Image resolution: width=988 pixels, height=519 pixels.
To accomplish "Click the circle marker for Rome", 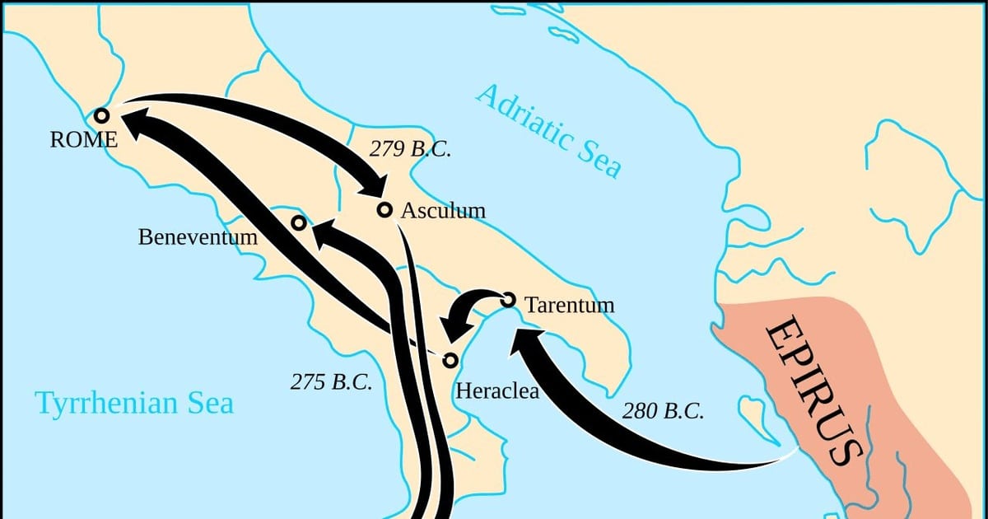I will (x=102, y=116).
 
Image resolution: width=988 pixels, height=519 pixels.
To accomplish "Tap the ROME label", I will (x=83, y=140).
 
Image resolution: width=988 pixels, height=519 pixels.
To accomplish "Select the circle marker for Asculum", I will (x=384, y=209).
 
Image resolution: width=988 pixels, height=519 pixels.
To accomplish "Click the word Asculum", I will (x=443, y=211).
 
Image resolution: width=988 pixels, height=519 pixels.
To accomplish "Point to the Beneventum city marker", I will (x=299, y=223).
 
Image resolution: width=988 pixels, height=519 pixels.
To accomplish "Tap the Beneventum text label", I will (x=198, y=238).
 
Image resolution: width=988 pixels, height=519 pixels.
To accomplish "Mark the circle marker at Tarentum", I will (x=508, y=300).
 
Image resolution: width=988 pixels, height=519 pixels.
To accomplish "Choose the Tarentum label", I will (x=570, y=305).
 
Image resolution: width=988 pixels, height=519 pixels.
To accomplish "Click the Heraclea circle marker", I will (x=450, y=360).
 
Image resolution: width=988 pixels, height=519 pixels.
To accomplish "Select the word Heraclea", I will (x=497, y=390).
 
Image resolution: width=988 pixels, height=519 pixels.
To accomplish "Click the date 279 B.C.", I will (x=409, y=149).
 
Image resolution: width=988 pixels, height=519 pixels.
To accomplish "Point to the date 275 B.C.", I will (x=331, y=382).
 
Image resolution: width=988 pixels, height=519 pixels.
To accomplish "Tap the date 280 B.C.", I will (x=663, y=411).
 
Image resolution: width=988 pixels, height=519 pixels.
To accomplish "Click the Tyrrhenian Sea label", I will (x=133, y=404).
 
